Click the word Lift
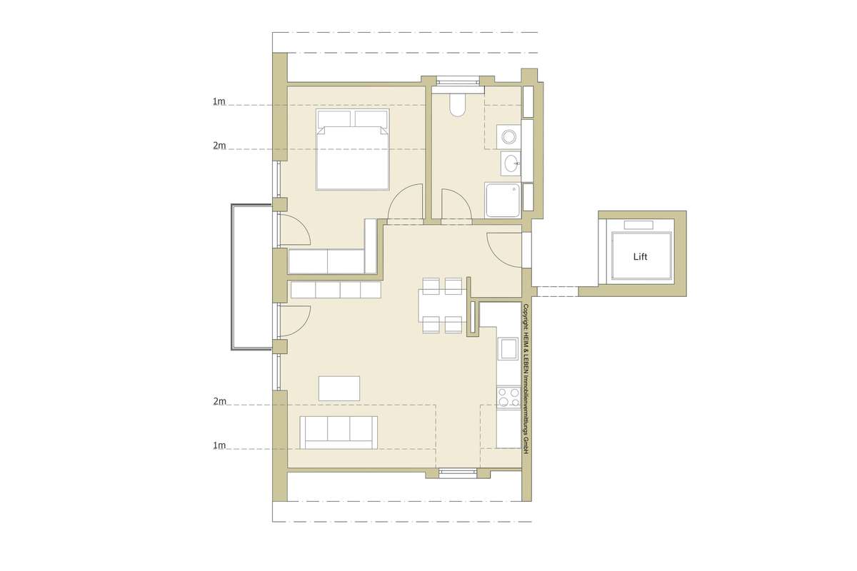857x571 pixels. point(640,256)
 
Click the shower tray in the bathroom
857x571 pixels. point(503,200)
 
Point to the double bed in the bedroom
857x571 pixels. point(353,149)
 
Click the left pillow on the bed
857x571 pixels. point(334,118)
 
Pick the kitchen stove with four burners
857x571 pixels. point(508,398)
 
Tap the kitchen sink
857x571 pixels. point(508,348)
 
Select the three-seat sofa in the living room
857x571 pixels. point(339,432)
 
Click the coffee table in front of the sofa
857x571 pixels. point(339,388)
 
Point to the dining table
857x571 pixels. point(442,305)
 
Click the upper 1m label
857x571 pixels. point(219,102)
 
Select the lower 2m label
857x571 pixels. point(220,401)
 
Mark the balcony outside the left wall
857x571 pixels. point(251,277)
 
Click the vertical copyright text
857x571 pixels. point(526,379)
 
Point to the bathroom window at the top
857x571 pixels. point(458,81)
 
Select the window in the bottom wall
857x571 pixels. point(458,473)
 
